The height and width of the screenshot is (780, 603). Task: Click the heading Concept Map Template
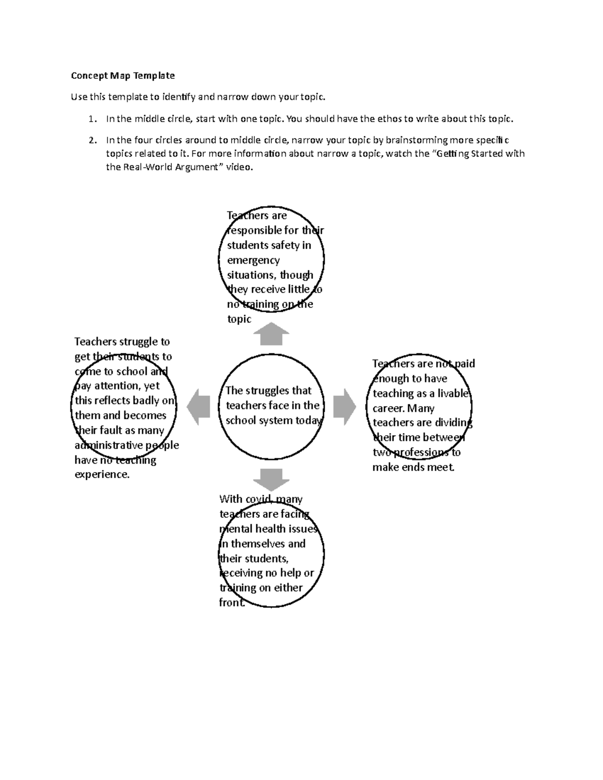[x=123, y=76]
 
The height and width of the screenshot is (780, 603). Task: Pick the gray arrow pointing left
[x=198, y=407]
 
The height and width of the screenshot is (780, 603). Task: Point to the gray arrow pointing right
[x=344, y=407]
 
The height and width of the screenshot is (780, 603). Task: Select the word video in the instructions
[x=239, y=167]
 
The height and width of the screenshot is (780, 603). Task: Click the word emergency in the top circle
[x=253, y=260]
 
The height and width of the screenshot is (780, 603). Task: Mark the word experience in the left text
[x=102, y=475]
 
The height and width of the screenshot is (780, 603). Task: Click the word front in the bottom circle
[x=231, y=603]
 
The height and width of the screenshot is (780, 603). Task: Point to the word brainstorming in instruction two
[x=417, y=140]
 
